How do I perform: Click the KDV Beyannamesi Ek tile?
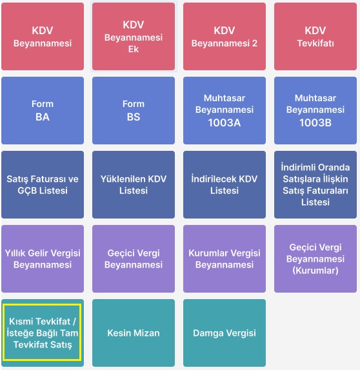pos(134,36)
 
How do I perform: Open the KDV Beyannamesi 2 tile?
pos(225,36)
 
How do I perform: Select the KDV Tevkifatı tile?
pos(315,36)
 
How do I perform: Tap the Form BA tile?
pos(43,110)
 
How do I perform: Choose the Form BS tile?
pos(134,110)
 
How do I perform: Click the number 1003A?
pos(225,122)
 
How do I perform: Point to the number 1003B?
pos(315,122)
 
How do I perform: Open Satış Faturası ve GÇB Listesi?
pos(43,184)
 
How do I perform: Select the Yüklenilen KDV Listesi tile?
pos(134,184)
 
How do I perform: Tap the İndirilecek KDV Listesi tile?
pos(225,184)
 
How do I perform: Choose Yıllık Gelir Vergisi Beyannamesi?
pos(43,258)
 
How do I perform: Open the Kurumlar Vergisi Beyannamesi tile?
pos(225,258)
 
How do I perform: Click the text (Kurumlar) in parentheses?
pos(315,271)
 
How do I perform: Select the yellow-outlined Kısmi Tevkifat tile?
pos(43,333)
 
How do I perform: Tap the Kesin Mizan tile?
pos(134,333)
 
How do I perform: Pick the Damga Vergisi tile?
pos(225,333)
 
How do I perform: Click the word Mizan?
pos(146,333)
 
